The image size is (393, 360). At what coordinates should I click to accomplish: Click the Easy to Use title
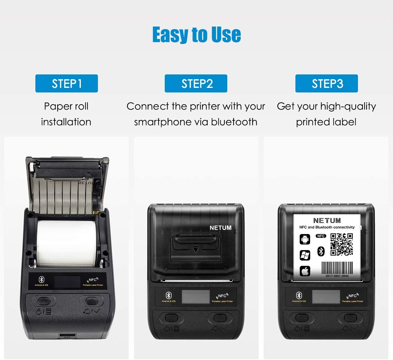[196, 35]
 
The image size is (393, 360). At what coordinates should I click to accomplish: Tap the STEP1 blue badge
[66, 84]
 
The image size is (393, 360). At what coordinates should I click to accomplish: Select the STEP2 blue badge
[196, 84]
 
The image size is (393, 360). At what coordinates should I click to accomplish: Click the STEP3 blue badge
[327, 84]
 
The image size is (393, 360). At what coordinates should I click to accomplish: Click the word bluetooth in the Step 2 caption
[234, 122]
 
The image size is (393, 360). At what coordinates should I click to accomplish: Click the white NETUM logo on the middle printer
[220, 228]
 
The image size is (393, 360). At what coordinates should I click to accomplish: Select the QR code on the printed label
[342, 244]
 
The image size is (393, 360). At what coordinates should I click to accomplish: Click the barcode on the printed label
[337, 268]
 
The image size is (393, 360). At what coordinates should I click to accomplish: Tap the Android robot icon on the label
[305, 239]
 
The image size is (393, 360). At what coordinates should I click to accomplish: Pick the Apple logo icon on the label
[305, 271]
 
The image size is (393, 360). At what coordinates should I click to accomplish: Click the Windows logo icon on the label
[305, 255]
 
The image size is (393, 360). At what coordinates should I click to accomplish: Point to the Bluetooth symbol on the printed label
[321, 251]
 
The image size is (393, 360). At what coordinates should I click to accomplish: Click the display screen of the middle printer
[196, 297]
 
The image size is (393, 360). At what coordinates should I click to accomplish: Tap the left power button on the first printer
[44, 301]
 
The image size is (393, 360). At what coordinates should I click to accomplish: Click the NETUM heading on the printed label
[327, 221]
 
